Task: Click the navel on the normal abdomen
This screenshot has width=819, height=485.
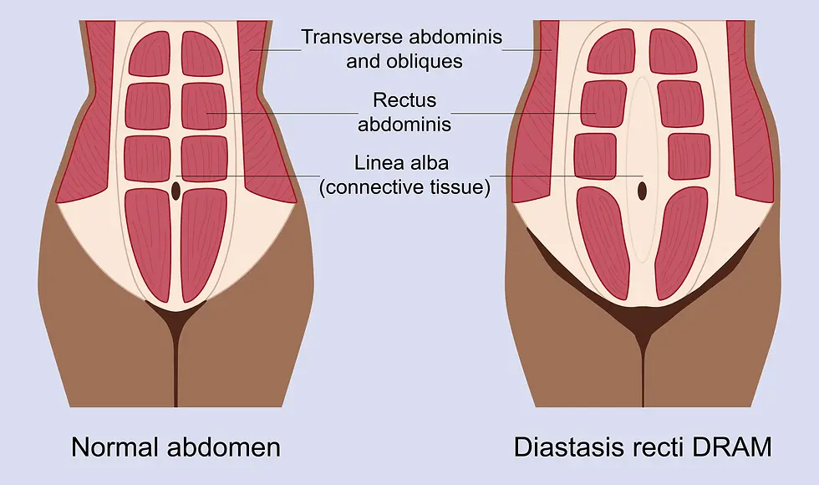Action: coord(175,190)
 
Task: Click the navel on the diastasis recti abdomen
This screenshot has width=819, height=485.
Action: coord(642,191)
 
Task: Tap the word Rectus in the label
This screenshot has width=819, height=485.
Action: coord(404,101)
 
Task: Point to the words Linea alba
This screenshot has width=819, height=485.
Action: coord(404,164)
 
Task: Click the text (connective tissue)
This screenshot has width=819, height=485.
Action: coord(404,187)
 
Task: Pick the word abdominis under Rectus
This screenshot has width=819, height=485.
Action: coord(404,125)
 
